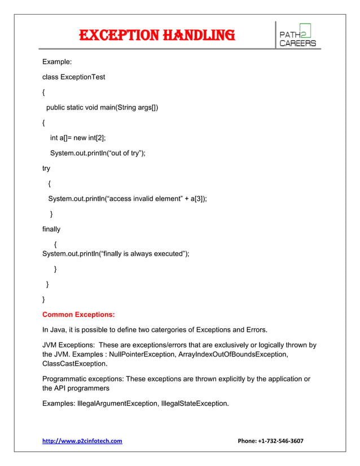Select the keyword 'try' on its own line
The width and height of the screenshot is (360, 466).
(x=46, y=168)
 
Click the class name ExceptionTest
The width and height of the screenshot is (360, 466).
(x=82, y=77)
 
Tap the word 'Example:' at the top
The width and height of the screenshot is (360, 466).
(x=56, y=61)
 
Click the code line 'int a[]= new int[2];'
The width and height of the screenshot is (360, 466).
(x=78, y=138)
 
